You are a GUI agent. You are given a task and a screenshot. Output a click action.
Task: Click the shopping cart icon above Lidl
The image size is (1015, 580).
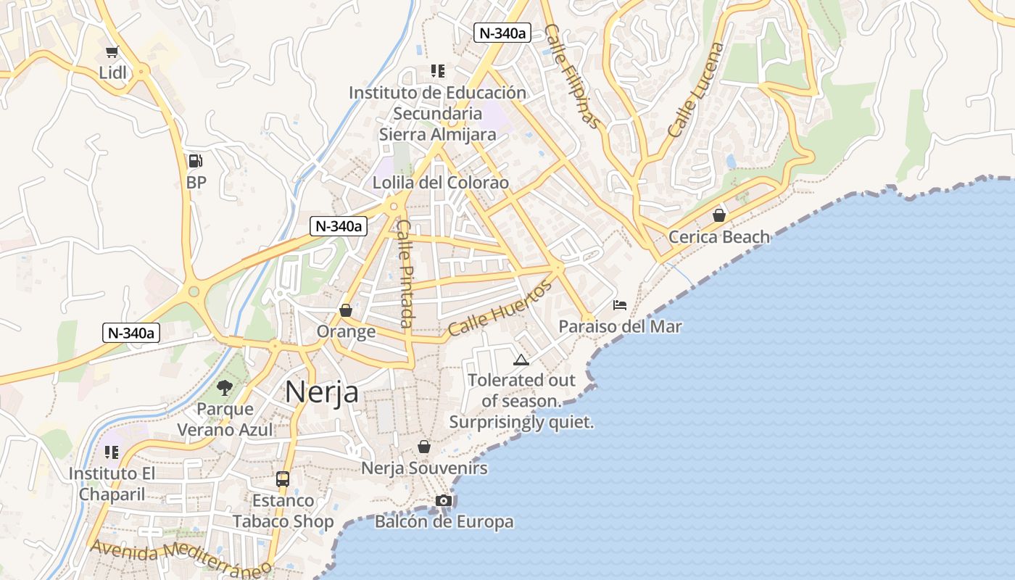pos(112,51)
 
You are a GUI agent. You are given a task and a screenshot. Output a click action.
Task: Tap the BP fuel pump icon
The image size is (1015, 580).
pos(195,161)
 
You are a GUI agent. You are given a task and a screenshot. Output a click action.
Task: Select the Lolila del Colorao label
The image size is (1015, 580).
pos(440,183)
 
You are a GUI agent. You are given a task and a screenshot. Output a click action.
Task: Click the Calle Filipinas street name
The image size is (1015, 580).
pos(573,76)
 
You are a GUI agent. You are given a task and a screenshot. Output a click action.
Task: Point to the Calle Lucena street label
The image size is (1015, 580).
pos(696,91)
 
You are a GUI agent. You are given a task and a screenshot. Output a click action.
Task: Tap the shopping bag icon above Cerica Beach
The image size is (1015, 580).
pos(718,215)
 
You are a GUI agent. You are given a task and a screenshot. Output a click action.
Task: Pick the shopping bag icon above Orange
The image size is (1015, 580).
pos(346,310)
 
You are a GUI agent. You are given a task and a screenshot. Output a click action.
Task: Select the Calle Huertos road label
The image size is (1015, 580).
pos(500,308)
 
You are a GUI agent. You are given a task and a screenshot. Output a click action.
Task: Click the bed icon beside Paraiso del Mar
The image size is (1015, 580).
pos(620,305)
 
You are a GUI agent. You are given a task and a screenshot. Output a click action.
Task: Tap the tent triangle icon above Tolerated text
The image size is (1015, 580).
pos(521,360)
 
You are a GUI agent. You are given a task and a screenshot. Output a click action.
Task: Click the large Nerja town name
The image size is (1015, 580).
pos(321,392)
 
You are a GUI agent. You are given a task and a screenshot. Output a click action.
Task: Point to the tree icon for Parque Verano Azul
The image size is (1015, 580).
pos(225,388)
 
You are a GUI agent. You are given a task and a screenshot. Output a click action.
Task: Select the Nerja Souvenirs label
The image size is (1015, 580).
pos(424,468)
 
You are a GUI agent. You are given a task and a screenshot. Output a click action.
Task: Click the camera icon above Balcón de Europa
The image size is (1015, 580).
pos(444,500)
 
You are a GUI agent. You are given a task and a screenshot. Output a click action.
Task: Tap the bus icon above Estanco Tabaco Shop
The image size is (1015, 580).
pos(283,479)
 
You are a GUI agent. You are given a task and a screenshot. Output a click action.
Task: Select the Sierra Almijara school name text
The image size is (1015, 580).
pos(437,134)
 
